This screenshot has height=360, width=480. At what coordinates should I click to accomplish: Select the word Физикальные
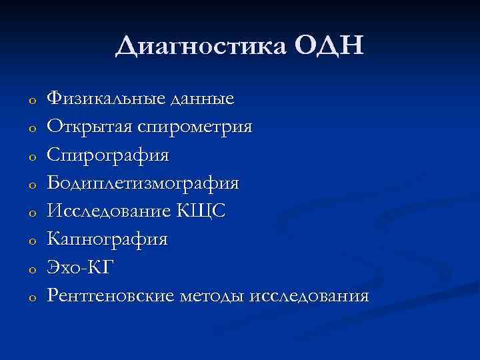coord(107,100)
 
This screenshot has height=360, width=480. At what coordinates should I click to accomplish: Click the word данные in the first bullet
coord(203,100)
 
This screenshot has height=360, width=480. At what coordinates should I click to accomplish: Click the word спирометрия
coord(194,127)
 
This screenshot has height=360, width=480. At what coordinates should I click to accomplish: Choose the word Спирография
coord(108,155)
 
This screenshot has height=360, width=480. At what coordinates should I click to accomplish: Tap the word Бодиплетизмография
coord(143,183)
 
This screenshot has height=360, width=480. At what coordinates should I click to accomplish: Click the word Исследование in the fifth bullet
coord(109,211)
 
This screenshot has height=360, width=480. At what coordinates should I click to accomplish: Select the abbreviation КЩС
coord(202,211)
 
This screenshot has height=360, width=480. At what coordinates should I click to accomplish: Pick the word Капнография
coord(107,239)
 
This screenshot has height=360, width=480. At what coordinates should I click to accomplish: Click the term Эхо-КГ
coord(81,267)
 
